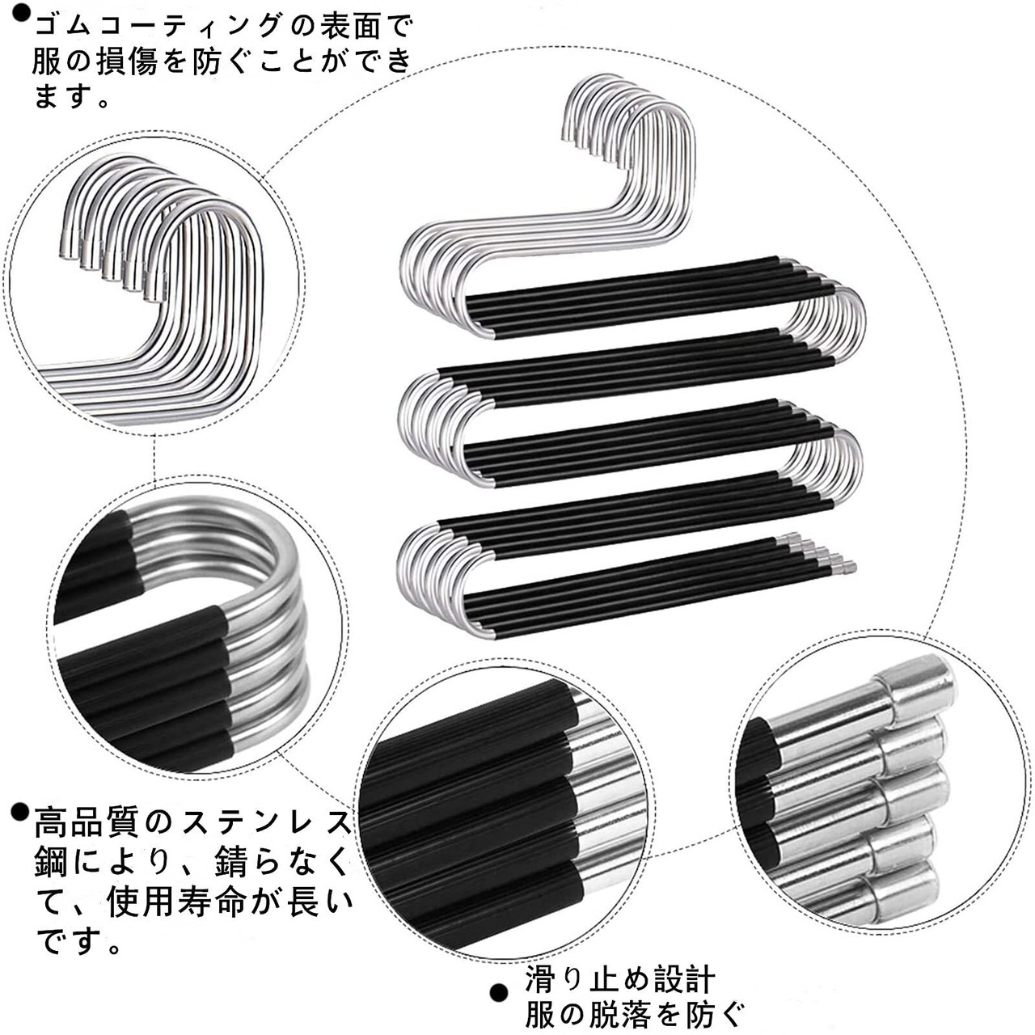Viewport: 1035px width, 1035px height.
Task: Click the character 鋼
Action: [52, 862]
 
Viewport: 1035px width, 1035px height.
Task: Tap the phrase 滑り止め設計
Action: [619, 980]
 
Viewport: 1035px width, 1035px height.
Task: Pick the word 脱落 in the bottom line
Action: [619, 1013]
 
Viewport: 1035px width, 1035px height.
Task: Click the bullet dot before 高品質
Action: [20, 812]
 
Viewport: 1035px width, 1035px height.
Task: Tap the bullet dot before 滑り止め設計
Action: [500, 992]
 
